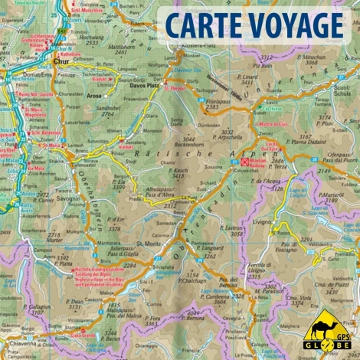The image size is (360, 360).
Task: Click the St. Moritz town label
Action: (146, 244)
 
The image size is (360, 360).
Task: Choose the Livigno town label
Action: (284, 221)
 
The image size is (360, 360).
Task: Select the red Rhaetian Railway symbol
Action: (245, 162)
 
